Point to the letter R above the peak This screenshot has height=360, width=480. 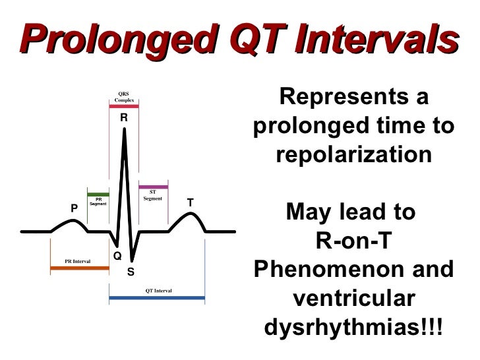[x=123, y=118]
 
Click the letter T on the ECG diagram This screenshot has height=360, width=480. [x=190, y=203]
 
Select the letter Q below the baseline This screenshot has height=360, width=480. [x=117, y=256]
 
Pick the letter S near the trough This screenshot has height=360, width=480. [x=131, y=271]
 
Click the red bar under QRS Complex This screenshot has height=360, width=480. [x=124, y=106]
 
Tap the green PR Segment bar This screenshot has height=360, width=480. [x=98, y=195]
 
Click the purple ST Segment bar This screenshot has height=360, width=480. [x=153, y=187]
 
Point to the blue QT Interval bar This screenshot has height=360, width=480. [x=157, y=298]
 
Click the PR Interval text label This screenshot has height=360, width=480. [x=78, y=262]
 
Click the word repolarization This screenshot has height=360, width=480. [x=354, y=156]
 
